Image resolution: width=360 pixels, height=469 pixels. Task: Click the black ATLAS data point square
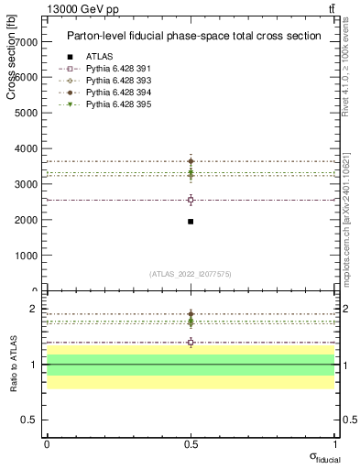click(x=191, y=222)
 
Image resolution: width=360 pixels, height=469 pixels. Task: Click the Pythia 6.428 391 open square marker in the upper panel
click(x=191, y=200)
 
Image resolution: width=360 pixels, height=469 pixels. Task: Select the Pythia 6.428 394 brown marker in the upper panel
click(x=191, y=161)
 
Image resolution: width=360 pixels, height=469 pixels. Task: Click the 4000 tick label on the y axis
click(x=27, y=148)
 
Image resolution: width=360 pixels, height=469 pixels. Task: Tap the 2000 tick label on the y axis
click(x=27, y=220)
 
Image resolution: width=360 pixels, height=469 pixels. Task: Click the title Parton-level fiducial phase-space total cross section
click(x=193, y=36)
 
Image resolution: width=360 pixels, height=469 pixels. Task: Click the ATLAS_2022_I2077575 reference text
click(x=191, y=274)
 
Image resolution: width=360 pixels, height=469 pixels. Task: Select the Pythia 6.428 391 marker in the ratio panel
click(x=191, y=343)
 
